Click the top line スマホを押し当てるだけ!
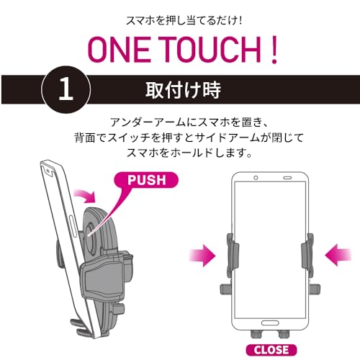point(179,19)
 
